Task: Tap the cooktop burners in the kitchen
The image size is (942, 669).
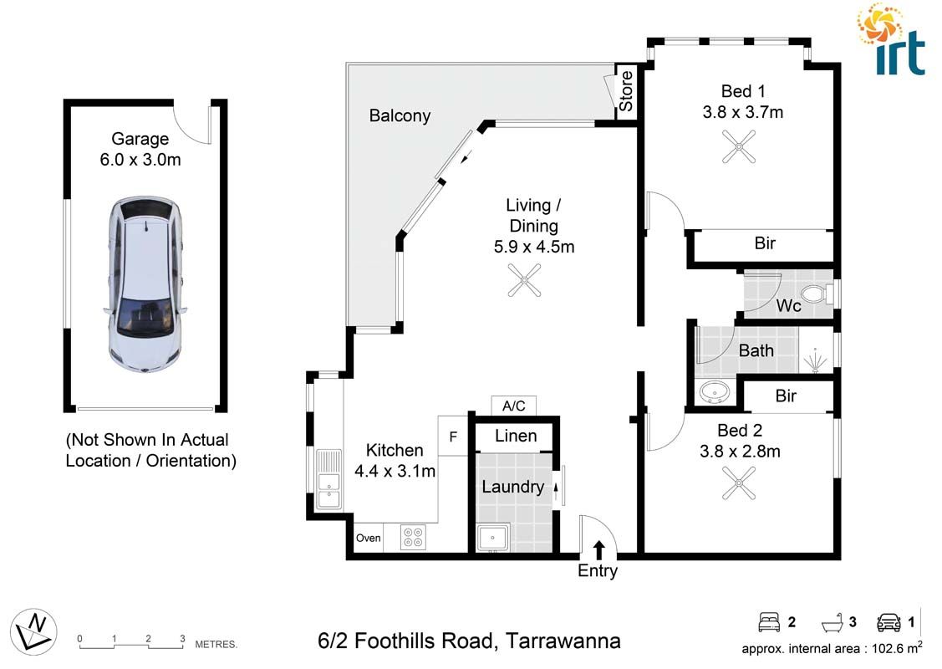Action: coord(413,536)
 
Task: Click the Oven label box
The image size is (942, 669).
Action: coord(369,538)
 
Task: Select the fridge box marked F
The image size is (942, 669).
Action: coord(453,437)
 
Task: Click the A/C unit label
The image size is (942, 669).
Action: coord(513,406)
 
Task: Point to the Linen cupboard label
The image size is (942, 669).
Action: coord(516,436)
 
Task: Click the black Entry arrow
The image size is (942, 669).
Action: coord(598,549)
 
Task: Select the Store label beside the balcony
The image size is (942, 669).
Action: coord(626,93)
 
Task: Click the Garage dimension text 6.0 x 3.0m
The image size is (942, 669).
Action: coord(140,160)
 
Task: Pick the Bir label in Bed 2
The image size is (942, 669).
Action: coord(786,396)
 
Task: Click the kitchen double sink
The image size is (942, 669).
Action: coord(328,480)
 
